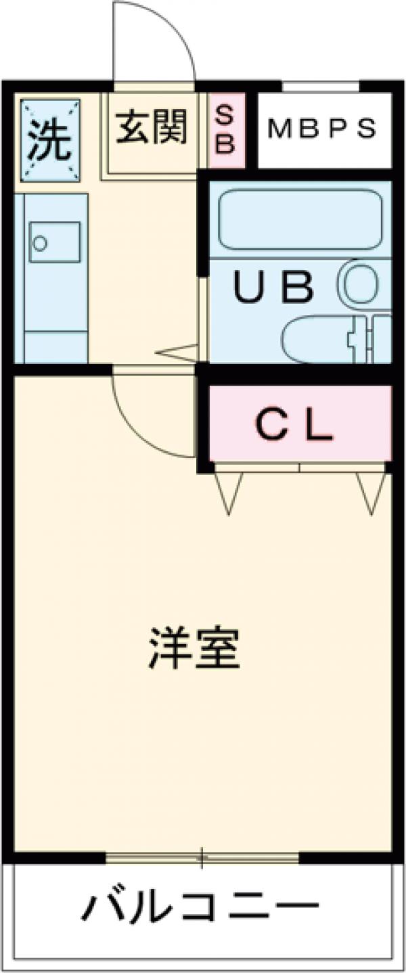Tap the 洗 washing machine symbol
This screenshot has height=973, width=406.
coord(51,141)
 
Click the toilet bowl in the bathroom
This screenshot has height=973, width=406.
coord(316,339)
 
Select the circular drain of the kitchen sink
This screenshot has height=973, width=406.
coord(41,243)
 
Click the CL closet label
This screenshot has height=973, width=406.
coord(295,424)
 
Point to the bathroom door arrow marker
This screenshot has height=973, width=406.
coord(177,352)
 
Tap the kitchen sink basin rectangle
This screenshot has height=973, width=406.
coord(55,242)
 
